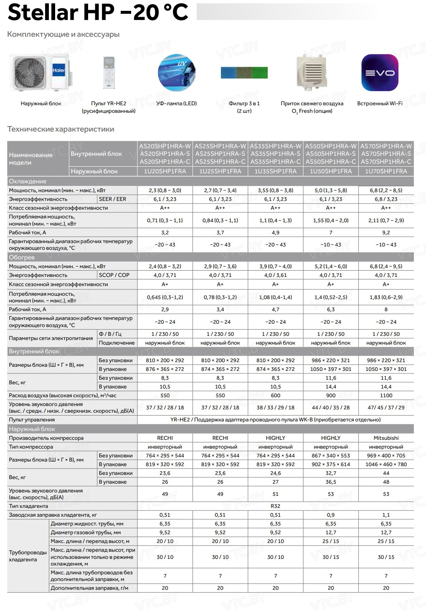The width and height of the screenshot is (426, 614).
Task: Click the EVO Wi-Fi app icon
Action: (x=380, y=73)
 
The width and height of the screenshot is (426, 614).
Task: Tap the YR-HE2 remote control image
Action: (x=109, y=73)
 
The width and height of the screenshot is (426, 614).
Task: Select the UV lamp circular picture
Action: (x=176, y=73)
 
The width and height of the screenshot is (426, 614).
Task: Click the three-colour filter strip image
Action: (x=244, y=73)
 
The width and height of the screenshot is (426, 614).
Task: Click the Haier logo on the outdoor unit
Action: (x=58, y=71)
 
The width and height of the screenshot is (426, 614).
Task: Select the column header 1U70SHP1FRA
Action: (x=386, y=171)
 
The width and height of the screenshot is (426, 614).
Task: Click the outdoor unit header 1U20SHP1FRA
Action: (x=165, y=171)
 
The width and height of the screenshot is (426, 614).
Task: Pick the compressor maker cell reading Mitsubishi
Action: (x=386, y=438)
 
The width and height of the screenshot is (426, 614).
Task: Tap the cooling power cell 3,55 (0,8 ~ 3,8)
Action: (x=275, y=190)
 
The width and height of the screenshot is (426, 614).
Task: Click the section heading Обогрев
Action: (x=22, y=257)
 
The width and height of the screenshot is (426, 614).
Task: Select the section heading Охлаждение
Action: (x=28, y=181)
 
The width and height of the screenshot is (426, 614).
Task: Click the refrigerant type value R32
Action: (x=275, y=506)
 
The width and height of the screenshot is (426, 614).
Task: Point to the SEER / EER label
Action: (x=112, y=199)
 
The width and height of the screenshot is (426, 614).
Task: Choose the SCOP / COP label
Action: (x=114, y=275)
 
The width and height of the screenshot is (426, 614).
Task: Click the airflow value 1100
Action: (x=386, y=396)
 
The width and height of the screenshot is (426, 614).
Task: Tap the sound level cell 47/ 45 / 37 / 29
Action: (x=386, y=408)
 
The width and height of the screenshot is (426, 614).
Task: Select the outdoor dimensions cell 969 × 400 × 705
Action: (x=386, y=456)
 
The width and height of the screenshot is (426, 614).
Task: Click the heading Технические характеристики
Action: (x=61, y=129)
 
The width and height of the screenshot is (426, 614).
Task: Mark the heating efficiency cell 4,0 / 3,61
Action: (x=275, y=275)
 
